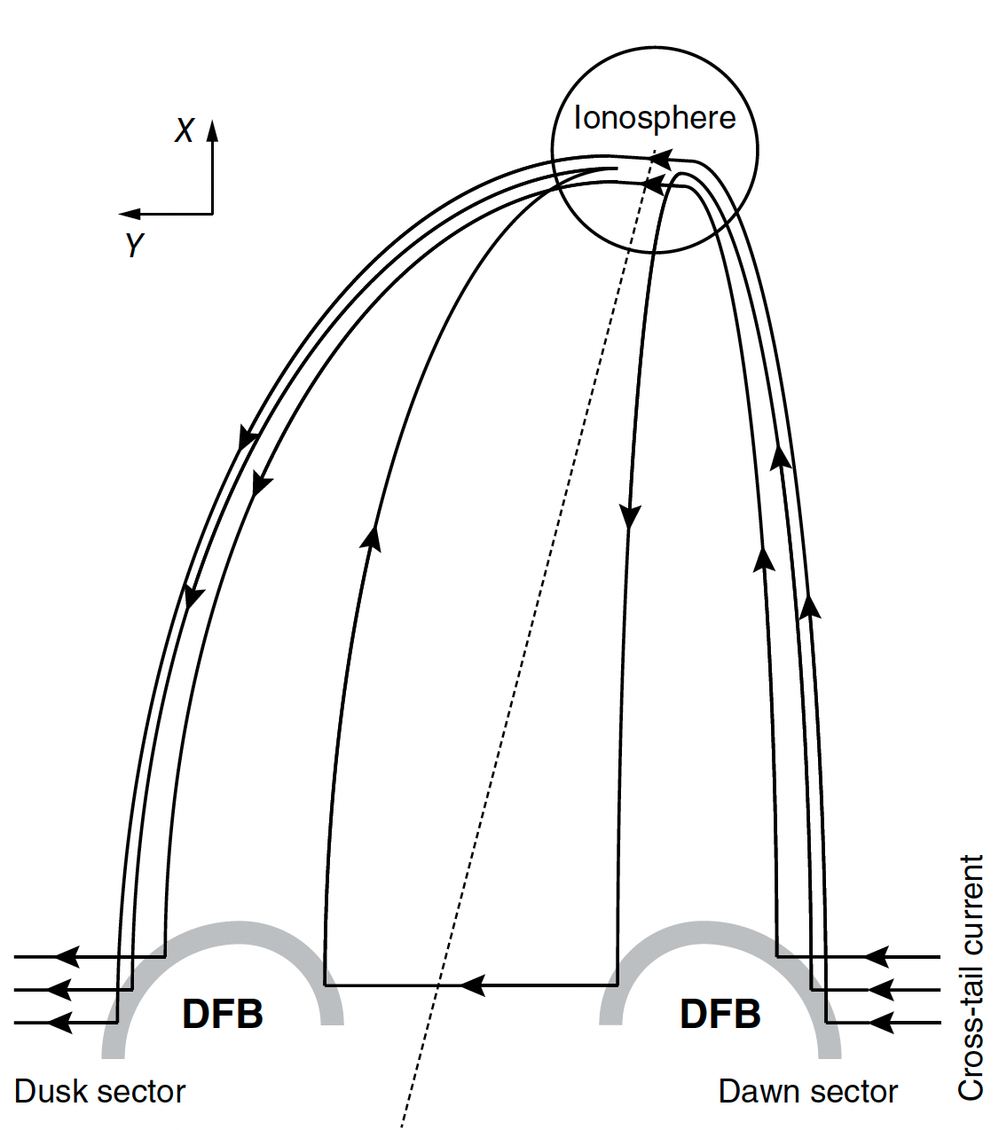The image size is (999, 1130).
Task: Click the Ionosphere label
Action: (x=655, y=118)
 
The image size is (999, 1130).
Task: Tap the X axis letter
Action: (x=184, y=130)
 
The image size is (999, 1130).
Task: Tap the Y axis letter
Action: (x=134, y=245)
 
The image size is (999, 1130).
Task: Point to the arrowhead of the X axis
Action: (x=212, y=130)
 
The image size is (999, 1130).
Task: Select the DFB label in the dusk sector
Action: (x=223, y=1014)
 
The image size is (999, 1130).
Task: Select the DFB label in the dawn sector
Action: (x=720, y=1014)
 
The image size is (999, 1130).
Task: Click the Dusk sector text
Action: (x=100, y=1091)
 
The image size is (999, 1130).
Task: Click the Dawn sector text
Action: (x=807, y=1091)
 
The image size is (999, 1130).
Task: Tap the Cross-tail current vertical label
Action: (x=971, y=977)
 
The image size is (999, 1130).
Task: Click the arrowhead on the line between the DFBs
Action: (x=472, y=985)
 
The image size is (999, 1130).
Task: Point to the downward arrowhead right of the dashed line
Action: (x=630, y=517)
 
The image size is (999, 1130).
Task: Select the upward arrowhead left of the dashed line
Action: (x=374, y=538)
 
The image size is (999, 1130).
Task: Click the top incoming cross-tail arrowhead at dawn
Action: (x=877, y=957)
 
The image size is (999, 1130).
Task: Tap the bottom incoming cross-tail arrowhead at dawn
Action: (x=880, y=1023)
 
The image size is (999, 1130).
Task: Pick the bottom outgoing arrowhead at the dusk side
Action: (x=59, y=1023)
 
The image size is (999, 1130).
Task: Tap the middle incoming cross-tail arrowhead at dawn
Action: (x=880, y=989)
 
